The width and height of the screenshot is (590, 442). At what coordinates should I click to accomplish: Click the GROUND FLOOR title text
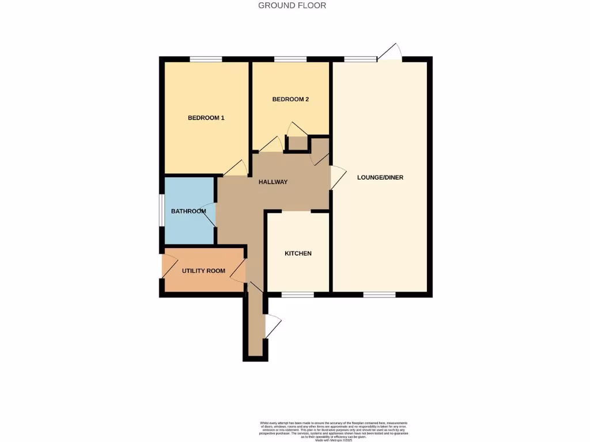[x=292, y=6]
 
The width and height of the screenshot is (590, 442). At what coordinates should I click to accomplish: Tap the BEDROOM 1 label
[x=206, y=118]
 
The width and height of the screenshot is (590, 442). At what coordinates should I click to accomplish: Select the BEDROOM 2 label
[x=290, y=99]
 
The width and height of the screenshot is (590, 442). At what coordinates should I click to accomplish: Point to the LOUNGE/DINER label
[x=380, y=177]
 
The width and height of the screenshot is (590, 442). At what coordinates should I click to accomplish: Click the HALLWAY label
[x=273, y=182]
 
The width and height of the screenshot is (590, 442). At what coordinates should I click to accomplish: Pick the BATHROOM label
[x=188, y=211]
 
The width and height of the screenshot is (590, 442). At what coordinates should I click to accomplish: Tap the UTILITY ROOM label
[x=203, y=270]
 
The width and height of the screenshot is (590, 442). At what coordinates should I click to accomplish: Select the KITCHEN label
[x=298, y=253]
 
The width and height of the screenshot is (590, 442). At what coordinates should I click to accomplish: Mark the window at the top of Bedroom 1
[x=206, y=59]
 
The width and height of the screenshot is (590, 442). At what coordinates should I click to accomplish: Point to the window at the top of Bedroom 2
[x=290, y=59]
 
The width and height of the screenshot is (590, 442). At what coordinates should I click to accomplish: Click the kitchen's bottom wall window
[x=298, y=295]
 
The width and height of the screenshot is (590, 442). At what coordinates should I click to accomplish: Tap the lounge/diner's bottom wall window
[x=379, y=295]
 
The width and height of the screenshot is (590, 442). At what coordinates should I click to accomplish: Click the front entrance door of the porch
[x=272, y=326]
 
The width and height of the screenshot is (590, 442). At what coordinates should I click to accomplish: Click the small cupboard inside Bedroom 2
[x=297, y=143]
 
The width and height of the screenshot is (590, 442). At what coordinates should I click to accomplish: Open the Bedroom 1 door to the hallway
[x=235, y=168]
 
